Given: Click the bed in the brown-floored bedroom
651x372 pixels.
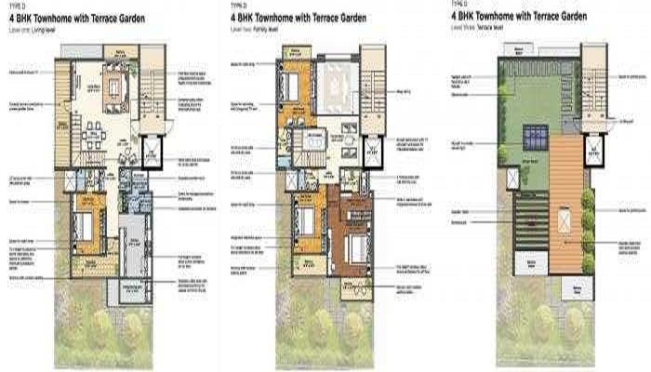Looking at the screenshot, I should tap(355, 248).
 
